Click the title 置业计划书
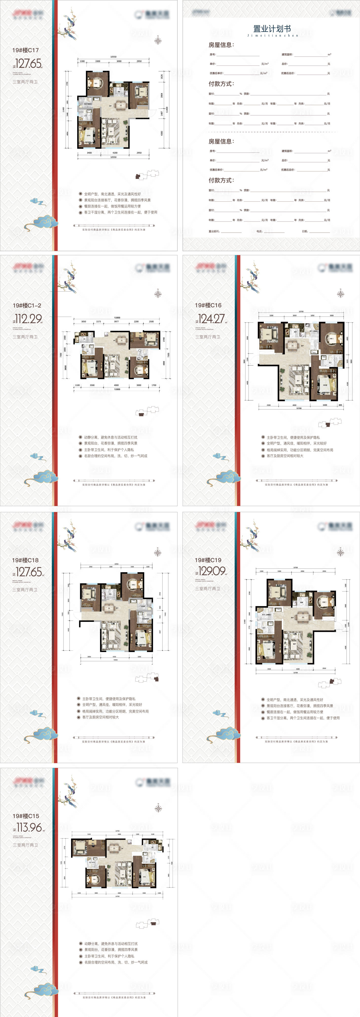tap(272, 29)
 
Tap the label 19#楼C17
tap(25, 50)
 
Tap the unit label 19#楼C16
tap(208, 305)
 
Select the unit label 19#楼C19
tap(208, 560)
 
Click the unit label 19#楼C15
tap(26, 816)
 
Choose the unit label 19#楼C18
tap(25, 560)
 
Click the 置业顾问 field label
tap(214, 231)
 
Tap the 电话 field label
tap(259, 231)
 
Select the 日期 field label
tap(305, 231)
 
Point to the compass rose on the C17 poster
tap(158, 40)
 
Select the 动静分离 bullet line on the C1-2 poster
tap(110, 437)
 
